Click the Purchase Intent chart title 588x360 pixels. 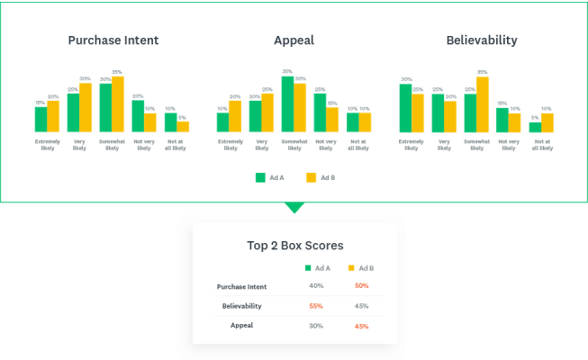pos(113,40)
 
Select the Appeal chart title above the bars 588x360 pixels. pos(294,40)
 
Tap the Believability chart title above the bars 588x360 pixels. pos(482,40)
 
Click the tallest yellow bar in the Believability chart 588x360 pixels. pos(483,103)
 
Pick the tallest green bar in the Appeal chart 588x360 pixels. pos(287,103)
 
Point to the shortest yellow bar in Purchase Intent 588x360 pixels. pos(184,126)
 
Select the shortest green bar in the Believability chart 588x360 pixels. pos(535,127)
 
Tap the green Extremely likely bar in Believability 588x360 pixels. pos(405,107)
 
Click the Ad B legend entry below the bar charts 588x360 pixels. pos(320,178)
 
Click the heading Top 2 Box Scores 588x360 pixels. pos(294,245)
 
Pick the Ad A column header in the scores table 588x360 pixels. pos(317,268)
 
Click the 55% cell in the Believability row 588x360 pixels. pos(316,306)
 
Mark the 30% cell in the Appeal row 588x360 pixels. pos(316,325)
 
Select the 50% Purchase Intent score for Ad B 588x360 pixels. pos(362,286)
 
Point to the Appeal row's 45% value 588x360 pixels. pos(362,325)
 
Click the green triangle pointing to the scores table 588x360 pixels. pos(294,208)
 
